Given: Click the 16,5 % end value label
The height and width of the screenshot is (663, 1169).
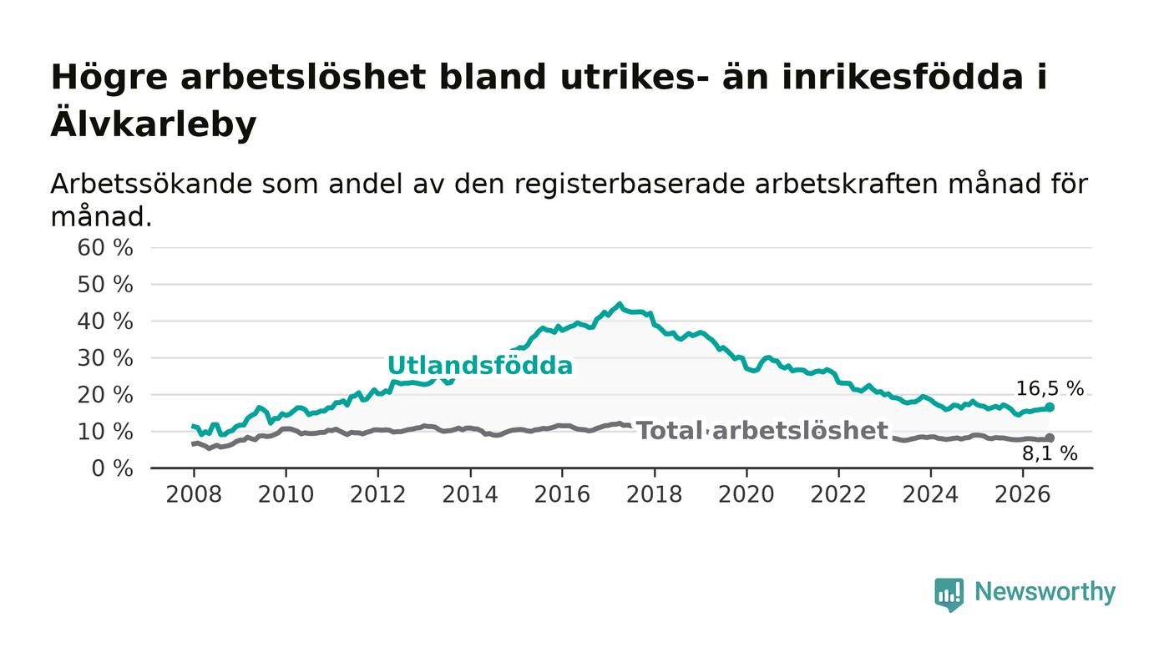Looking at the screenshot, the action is [x=1050, y=388].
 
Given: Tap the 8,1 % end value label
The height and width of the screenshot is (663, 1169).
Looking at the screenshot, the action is [x=1050, y=453].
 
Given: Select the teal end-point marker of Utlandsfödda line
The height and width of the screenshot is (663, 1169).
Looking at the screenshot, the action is [x=1050, y=407].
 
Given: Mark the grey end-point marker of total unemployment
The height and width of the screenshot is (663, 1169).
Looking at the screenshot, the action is [x=1050, y=438].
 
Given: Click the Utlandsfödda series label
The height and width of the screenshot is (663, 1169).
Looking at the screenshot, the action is [x=480, y=366].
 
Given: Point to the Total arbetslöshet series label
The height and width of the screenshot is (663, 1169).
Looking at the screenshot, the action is [x=762, y=431].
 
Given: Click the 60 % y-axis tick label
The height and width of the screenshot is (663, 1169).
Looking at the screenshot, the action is [x=105, y=248].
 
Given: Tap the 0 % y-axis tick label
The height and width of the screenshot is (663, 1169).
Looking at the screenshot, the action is [x=112, y=468].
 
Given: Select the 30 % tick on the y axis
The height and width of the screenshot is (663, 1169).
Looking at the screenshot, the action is [x=105, y=359].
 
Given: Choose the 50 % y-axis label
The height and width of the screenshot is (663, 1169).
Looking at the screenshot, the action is [x=105, y=285].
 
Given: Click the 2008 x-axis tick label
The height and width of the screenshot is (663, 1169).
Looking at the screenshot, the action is [x=194, y=494].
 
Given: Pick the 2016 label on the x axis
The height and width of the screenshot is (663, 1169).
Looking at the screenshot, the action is [x=562, y=494].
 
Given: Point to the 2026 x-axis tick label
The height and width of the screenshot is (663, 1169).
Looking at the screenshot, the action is [x=1022, y=494].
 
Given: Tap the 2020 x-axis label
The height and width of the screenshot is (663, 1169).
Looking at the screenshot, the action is [x=746, y=494].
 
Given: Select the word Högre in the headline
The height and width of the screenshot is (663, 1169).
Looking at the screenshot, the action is [x=109, y=78].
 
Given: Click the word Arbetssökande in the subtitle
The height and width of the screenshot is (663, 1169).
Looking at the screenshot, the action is [x=151, y=185].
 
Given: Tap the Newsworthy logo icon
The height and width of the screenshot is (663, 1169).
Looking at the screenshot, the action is [x=949, y=595].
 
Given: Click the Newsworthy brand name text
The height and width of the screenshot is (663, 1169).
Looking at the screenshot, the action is [x=1045, y=592].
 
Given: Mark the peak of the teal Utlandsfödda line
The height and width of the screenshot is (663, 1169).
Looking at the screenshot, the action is [x=619, y=304].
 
